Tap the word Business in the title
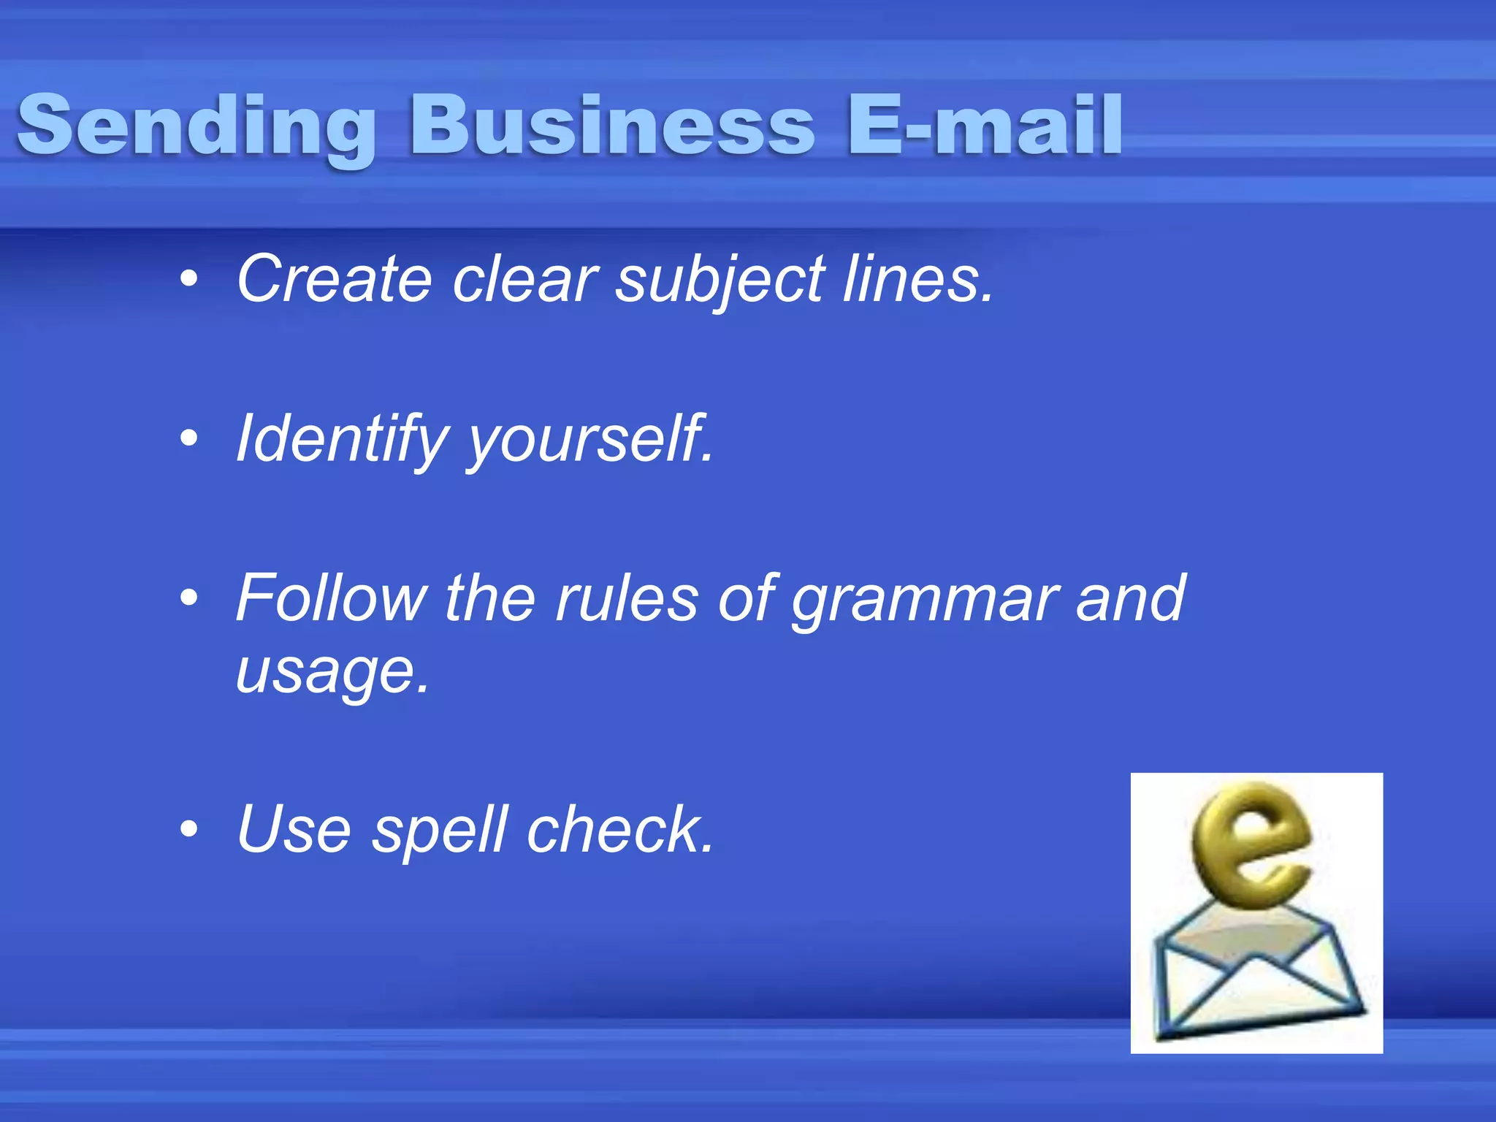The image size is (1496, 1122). [612, 126]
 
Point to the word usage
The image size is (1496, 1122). [332, 672]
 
